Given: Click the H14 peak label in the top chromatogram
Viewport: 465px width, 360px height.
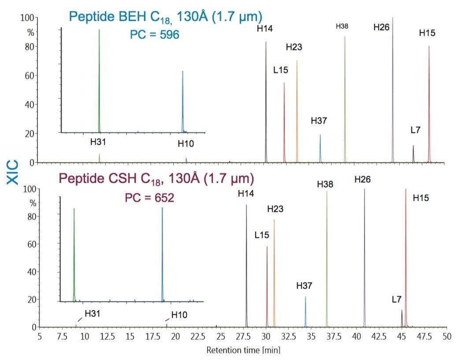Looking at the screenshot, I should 265,29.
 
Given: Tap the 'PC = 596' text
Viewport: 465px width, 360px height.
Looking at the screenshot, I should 154,34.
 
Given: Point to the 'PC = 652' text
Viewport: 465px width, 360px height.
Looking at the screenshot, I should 149,198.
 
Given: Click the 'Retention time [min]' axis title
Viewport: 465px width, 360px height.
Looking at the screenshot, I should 243,350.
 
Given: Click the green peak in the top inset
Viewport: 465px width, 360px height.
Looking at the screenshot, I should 99,79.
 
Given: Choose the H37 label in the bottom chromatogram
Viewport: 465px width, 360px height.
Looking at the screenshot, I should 304,286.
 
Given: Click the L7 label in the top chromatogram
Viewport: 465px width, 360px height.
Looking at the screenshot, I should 415,130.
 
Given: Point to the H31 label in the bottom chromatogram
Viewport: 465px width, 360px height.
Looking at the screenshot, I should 93,314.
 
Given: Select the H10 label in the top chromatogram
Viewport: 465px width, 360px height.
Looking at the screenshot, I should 186,143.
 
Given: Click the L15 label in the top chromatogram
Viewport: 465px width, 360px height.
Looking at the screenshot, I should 281,70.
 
